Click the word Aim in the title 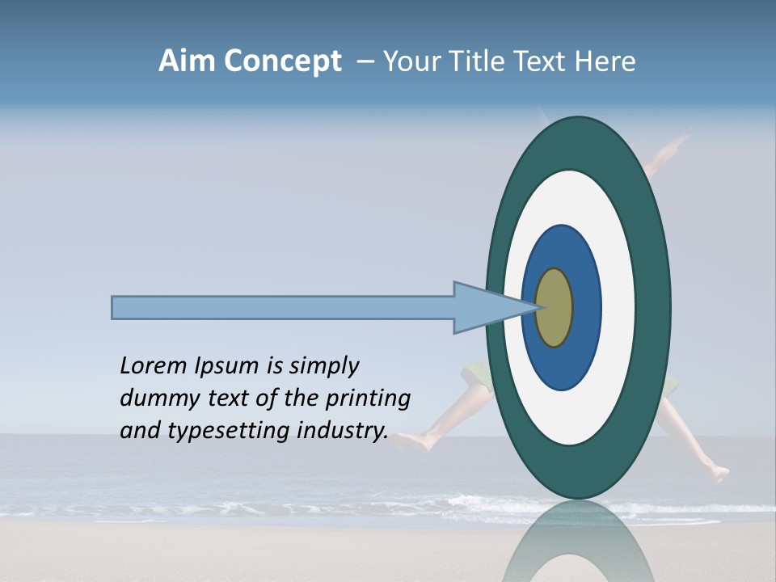[x=187, y=61]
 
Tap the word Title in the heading [x=478, y=61]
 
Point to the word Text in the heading [x=542, y=61]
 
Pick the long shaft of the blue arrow [x=283, y=307]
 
